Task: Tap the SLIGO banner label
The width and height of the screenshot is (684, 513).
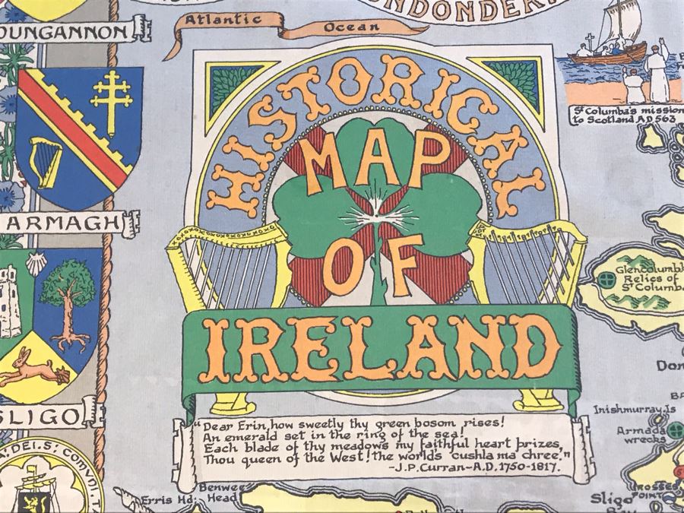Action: click(x=47, y=416)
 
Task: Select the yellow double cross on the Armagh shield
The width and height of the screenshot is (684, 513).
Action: click(x=112, y=99)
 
